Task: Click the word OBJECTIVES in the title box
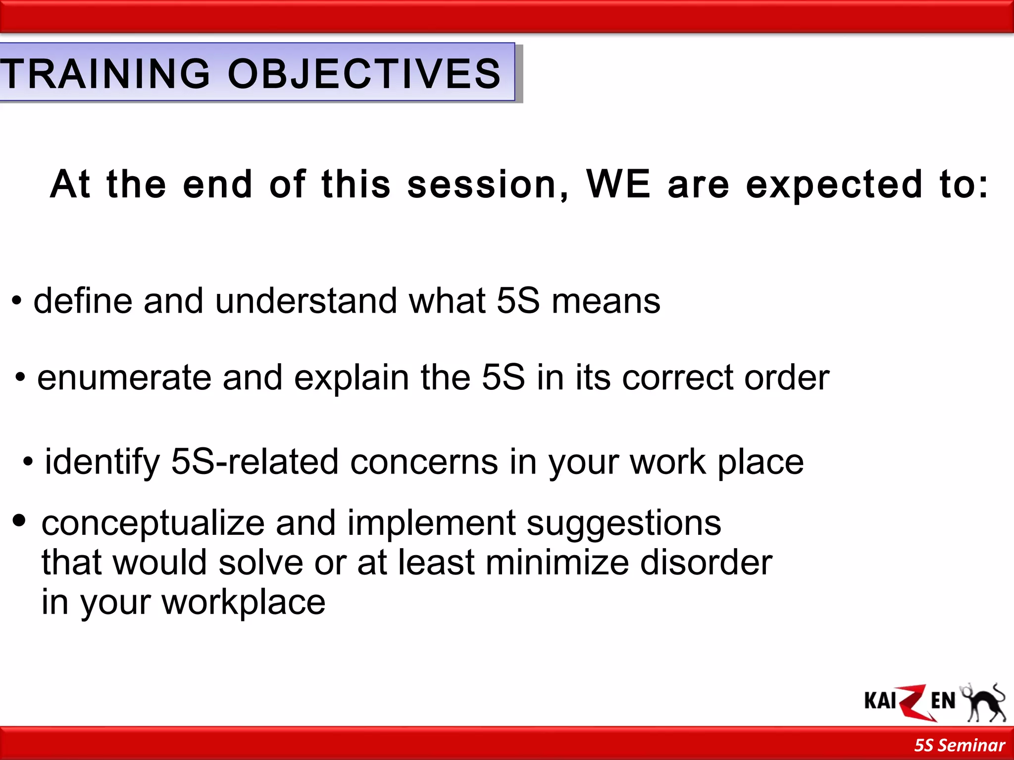[x=364, y=74]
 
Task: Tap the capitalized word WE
[x=618, y=184]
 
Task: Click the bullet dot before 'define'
[x=17, y=301]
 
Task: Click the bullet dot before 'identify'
[x=28, y=462]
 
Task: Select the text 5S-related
[x=254, y=462]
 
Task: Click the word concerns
[x=424, y=462]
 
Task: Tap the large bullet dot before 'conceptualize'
[x=19, y=521]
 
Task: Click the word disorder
[x=706, y=563]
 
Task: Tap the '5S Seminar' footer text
[x=959, y=745]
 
